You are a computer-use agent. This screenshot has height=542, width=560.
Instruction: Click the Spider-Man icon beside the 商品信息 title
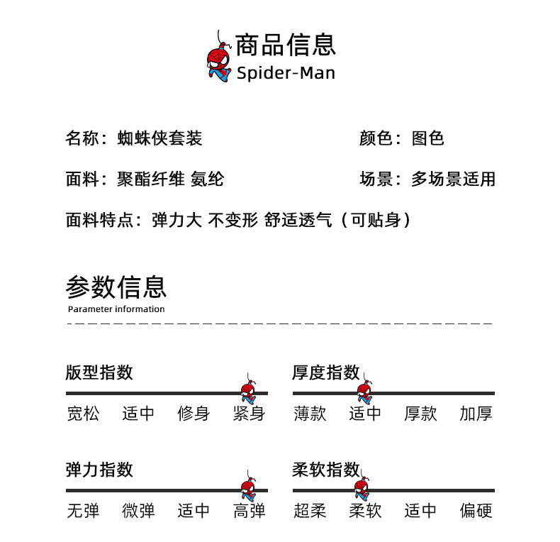219,60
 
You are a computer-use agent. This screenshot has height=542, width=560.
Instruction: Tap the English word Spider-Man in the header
286,73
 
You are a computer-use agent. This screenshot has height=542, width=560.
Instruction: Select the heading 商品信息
285,44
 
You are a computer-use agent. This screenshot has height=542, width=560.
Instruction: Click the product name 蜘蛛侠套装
160,138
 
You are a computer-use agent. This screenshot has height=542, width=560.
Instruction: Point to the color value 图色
428,138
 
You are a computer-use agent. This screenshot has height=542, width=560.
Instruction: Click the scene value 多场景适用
453,179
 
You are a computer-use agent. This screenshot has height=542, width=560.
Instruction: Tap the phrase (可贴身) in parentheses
376,221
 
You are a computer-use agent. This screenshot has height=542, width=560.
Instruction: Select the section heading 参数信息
116,287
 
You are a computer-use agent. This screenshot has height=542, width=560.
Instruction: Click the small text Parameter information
116,309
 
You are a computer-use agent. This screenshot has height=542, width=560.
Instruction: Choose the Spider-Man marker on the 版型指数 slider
247,391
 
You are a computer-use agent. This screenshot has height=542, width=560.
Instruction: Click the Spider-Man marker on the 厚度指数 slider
364,391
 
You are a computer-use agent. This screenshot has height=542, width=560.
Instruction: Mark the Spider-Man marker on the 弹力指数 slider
247,488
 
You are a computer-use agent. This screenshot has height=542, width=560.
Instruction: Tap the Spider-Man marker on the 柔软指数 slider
362,488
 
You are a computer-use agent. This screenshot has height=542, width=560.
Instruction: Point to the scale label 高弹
249,511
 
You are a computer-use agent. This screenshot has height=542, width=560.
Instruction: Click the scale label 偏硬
476,511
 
